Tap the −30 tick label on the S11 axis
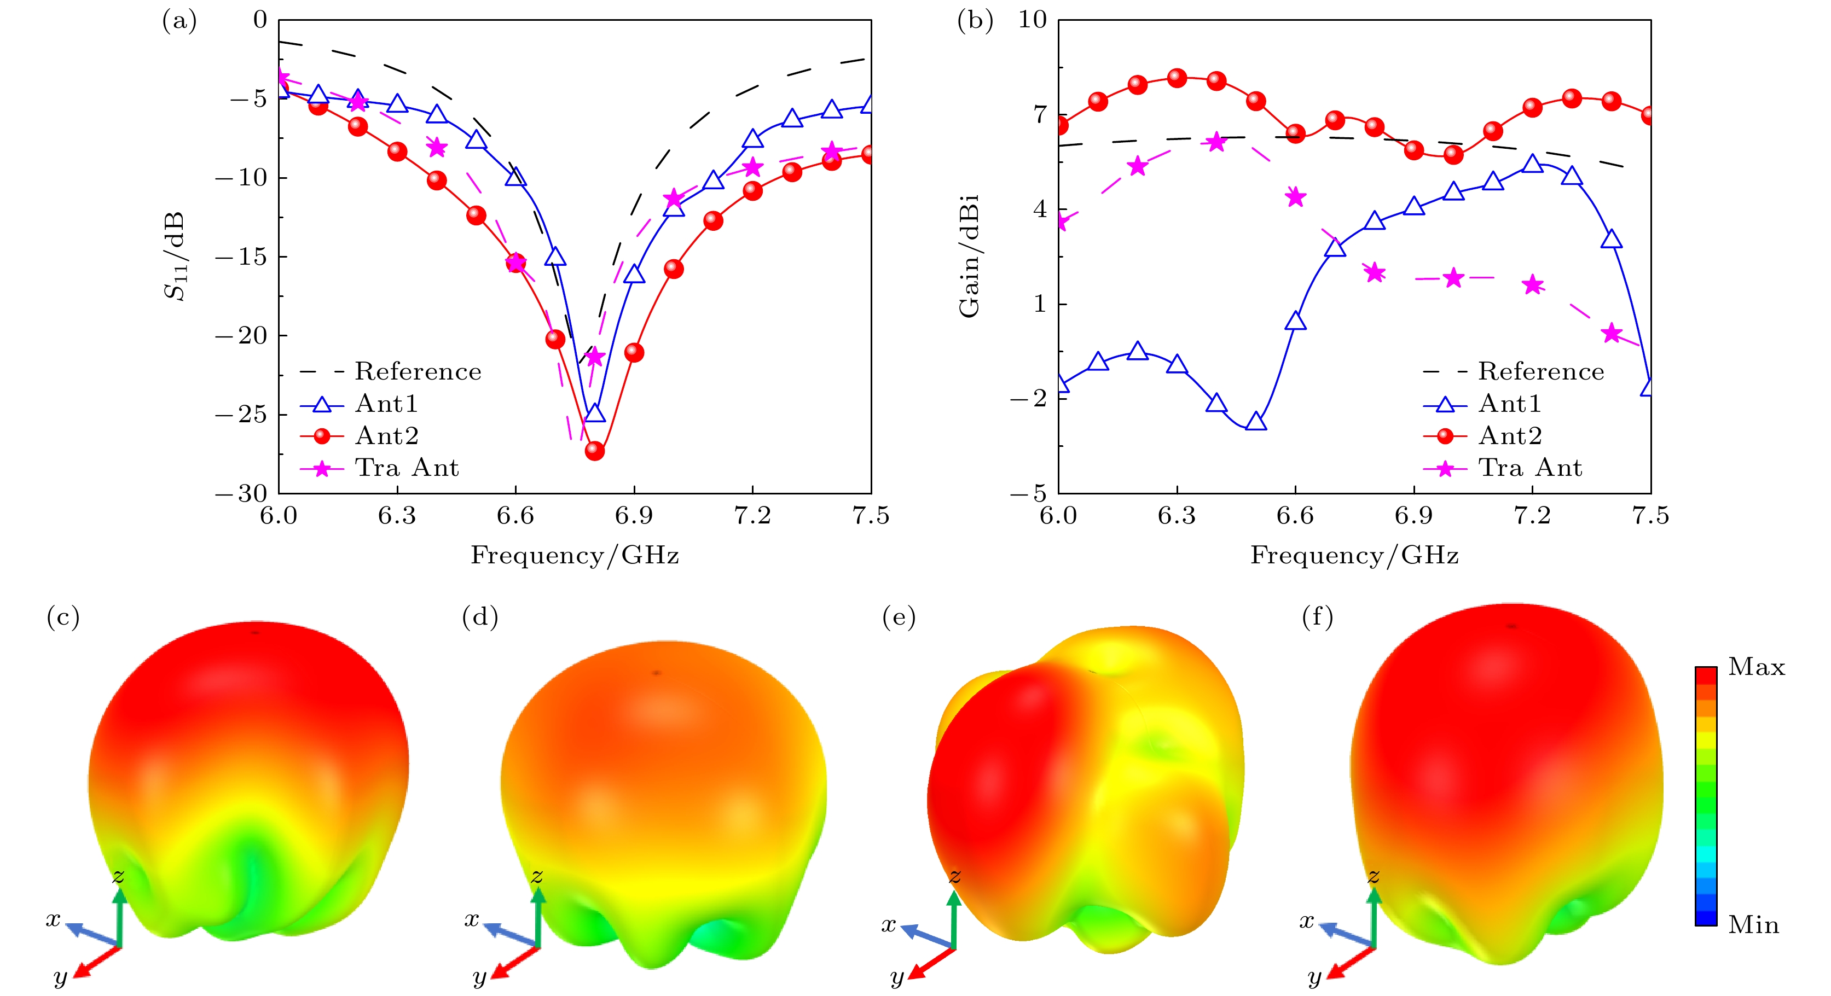(242, 493)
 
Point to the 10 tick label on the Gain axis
(1033, 20)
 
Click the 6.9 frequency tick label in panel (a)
(633, 516)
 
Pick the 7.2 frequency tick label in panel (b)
(1532, 516)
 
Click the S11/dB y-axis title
(175, 256)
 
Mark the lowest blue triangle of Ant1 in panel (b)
(1256, 421)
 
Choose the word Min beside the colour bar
(1753, 925)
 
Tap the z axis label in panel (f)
(1374, 876)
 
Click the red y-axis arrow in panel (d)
(513, 963)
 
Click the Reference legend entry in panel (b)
(1540, 371)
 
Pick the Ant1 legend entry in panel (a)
(386, 404)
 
